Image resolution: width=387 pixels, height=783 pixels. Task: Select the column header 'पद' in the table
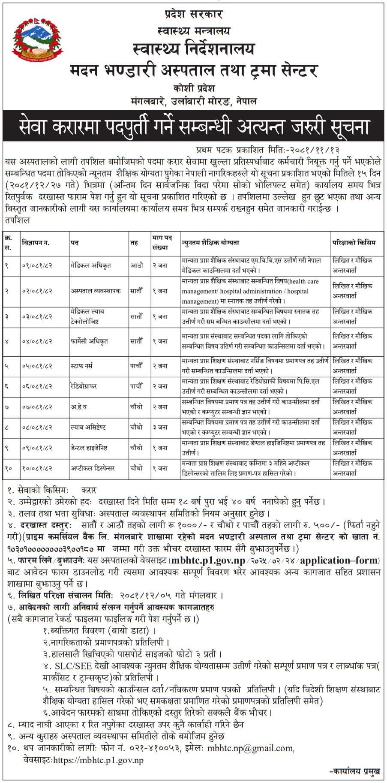click(75, 243)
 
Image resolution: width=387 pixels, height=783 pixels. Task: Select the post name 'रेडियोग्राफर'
click(84, 386)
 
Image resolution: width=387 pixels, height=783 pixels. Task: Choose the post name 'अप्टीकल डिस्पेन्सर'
click(93, 469)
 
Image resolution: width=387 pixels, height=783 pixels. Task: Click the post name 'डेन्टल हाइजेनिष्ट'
click(89, 448)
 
